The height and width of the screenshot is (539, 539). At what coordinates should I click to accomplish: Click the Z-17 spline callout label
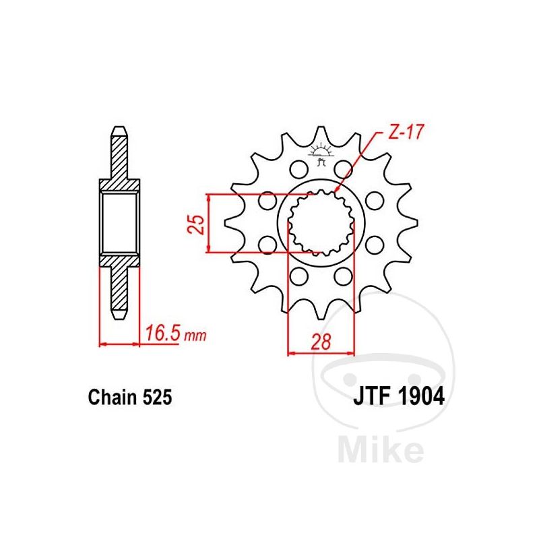(x=406, y=131)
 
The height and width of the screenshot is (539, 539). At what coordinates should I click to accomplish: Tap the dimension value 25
(x=197, y=224)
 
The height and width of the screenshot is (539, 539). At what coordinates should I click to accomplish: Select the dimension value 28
(x=321, y=342)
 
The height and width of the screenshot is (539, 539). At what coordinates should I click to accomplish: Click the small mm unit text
(x=195, y=336)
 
